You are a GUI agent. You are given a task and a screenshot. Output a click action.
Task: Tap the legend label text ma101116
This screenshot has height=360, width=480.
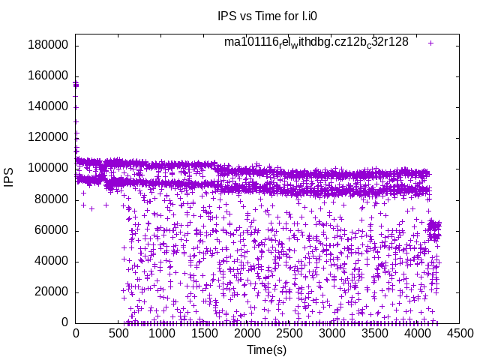click(x=316, y=42)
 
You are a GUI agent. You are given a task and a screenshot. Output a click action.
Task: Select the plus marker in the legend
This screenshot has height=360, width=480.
click(x=431, y=43)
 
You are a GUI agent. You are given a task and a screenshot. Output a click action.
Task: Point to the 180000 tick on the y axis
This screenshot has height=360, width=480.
click(x=48, y=45)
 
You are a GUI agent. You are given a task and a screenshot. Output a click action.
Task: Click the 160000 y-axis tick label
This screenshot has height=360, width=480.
click(x=48, y=76)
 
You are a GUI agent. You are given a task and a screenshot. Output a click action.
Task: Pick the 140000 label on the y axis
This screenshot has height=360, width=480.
click(x=48, y=106)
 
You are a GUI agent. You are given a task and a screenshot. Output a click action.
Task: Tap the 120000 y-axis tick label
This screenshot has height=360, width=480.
click(x=48, y=137)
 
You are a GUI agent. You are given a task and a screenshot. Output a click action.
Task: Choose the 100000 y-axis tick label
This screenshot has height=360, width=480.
click(x=48, y=168)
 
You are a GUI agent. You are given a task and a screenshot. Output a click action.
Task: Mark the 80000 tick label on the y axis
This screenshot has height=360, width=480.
click(x=51, y=199)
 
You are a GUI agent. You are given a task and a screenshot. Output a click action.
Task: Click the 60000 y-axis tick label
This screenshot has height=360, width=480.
click(x=51, y=230)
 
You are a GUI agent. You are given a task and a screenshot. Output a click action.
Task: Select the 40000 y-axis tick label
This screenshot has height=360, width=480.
click(x=51, y=261)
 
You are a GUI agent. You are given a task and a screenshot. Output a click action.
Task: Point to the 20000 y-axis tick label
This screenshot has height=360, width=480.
click(x=51, y=292)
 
